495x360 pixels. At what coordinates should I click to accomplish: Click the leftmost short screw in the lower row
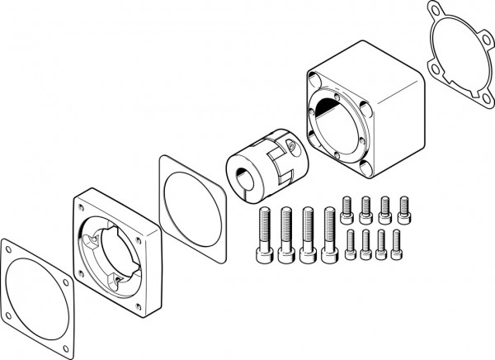tap(350, 244)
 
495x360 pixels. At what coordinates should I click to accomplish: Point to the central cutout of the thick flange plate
tap(115, 251)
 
